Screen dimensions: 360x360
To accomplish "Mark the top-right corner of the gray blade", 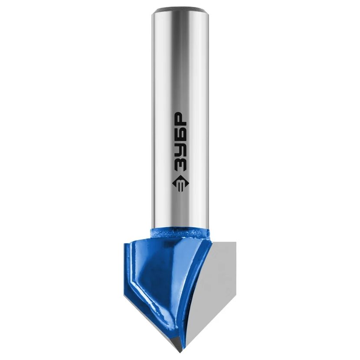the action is [236, 242].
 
